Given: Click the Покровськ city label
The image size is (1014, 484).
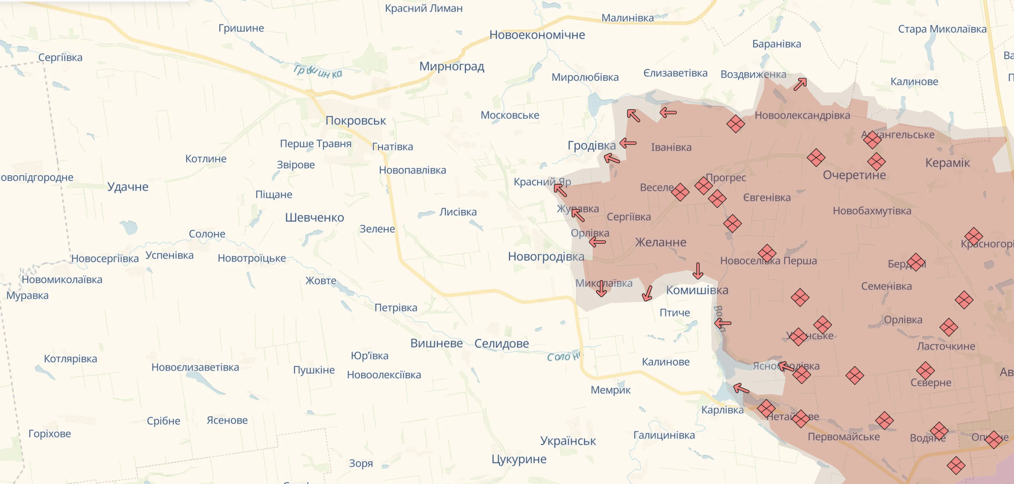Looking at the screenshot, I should tap(355, 121).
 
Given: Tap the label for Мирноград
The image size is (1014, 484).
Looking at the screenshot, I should tap(452, 66).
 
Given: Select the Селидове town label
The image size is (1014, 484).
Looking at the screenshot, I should tap(501, 344).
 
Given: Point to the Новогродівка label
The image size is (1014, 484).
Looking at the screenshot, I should tap(546, 256).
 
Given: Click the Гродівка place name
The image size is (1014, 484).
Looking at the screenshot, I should tap(591, 146).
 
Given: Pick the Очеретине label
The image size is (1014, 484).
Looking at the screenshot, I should tap(854, 175).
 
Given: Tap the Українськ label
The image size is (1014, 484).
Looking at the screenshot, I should tap(568, 441).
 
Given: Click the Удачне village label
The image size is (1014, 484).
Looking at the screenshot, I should tap(127, 187).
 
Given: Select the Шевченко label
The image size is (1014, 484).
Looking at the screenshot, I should tap(314, 218).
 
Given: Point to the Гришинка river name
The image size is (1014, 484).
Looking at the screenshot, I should tap(318, 72).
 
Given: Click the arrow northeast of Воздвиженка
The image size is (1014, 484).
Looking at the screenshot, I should tap(800, 84).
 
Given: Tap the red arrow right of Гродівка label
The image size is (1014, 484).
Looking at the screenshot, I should tap(628, 143).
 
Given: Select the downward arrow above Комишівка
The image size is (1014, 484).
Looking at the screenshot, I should tap(698, 271).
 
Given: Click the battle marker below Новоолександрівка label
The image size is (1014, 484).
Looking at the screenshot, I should tap(735, 124).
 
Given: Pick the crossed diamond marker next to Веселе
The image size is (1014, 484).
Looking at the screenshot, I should tap(680, 192).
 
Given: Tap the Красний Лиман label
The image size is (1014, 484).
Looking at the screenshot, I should tap(423, 8).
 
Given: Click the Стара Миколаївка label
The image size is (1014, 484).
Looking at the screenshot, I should tap(942, 29).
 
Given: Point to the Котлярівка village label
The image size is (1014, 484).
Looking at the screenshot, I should tap(70, 359).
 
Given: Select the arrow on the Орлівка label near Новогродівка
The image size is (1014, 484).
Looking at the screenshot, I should tap(597, 242).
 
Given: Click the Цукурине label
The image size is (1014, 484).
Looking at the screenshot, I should tap(519, 459).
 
